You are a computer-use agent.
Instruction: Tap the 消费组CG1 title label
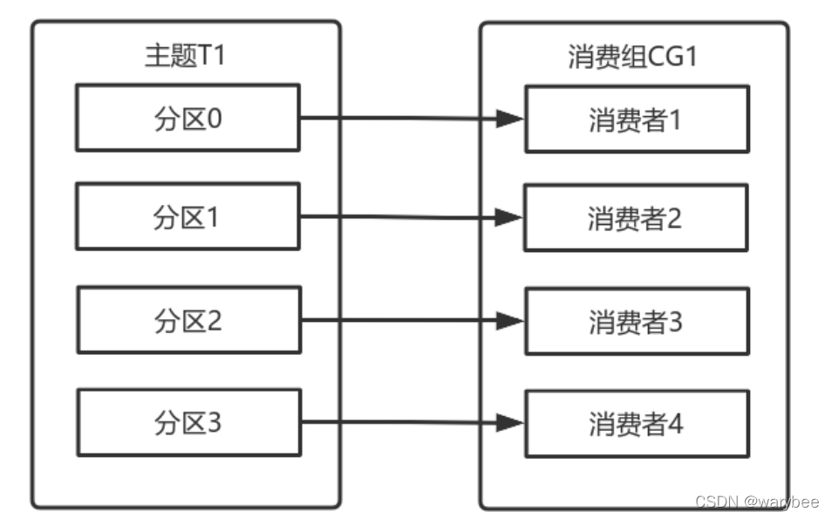pos(634,57)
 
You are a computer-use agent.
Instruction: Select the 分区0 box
pos(188,118)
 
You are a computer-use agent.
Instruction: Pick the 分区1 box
pos(188,217)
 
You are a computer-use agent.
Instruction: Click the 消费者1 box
pos(636,119)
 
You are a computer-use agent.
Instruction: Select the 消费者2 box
pos(636,218)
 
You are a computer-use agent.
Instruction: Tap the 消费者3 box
pos(636,322)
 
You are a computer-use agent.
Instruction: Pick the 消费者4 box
pos(636,425)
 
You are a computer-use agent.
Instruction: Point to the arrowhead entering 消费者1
pos(509,119)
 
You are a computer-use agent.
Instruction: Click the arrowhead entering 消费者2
pos(509,218)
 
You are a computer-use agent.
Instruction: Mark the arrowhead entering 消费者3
pos(509,321)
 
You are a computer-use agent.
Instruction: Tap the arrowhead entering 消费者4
pos(509,424)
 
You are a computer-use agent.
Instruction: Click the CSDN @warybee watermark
pos(756,502)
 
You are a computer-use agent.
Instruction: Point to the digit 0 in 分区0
pos(215,118)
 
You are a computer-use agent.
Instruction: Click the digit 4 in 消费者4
pos(675,425)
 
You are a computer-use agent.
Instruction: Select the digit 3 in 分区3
pos(215,424)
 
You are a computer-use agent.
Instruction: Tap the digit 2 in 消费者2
pos(675,218)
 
